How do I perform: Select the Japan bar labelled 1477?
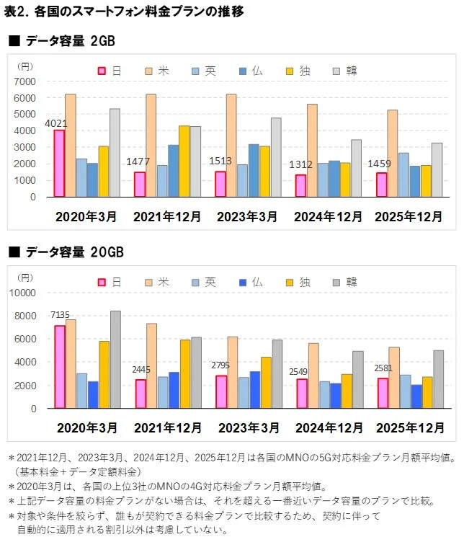tap(140, 184)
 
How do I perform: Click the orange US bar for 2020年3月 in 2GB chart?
tap(71, 145)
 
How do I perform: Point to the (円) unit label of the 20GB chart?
tap(26, 277)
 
